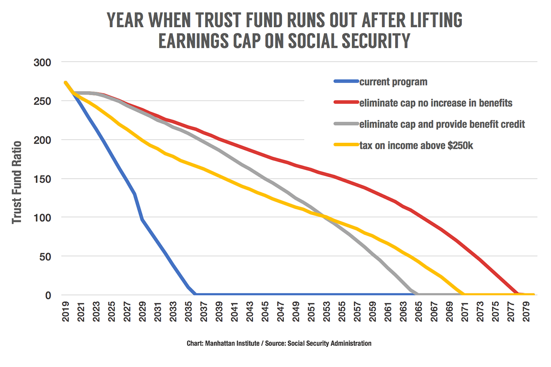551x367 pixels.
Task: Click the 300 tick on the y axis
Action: (43, 62)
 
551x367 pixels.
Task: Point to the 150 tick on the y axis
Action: (43, 178)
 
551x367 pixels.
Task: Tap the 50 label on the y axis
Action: (46, 256)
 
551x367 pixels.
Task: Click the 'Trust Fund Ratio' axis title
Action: (17, 182)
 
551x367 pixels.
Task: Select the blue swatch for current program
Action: (346, 82)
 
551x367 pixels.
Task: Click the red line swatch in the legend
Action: (346, 103)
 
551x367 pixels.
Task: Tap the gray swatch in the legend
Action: (346, 124)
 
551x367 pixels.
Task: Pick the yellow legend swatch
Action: (346, 145)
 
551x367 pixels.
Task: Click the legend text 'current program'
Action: (393, 82)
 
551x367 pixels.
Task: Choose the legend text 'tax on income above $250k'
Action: (416, 145)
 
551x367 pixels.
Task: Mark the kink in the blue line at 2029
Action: (142, 219)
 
